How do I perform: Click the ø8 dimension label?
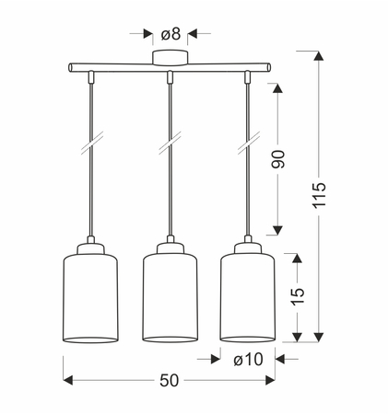coord(170,34)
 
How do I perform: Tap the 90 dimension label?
coord(278,159)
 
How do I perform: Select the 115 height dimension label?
coord(319,195)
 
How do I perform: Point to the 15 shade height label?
coord(298,296)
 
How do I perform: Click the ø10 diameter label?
coord(248,359)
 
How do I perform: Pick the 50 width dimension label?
coord(169,381)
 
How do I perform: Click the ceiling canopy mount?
coord(170,58)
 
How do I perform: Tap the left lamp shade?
coord(90,298)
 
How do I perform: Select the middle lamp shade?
coord(170,297)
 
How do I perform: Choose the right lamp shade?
coord(248,297)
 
